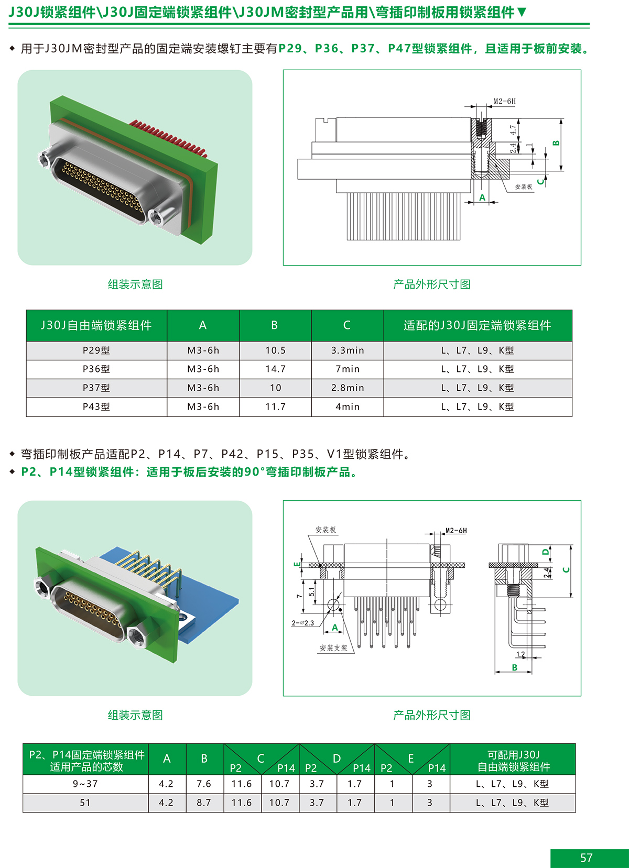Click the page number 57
pyautogui.click(x=586, y=858)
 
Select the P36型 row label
pyautogui.click(x=96, y=369)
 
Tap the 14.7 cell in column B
pyautogui.click(x=275, y=369)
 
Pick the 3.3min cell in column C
pyautogui.click(x=348, y=350)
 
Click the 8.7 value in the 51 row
pyautogui.click(x=203, y=803)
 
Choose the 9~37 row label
pyautogui.click(x=85, y=784)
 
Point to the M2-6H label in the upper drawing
pyautogui.click(x=505, y=101)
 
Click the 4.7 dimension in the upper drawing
pyautogui.click(x=513, y=130)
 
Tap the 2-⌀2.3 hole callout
pyautogui.click(x=302, y=623)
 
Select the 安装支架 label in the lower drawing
pyautogui.click(x=333, y=648)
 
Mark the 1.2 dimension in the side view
pyautogui.click(x=520, y=654)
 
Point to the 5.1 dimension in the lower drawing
pyautogui.click(x=311, y=591)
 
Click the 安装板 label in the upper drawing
pyautogui.click(x=524, y=187)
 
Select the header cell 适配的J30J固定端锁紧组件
pyautogui.click(x=478, y=325)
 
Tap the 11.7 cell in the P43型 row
pyautogui.click(x=275, y=406)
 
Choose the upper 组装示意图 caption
pyautogui.click(x=135, y=284)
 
